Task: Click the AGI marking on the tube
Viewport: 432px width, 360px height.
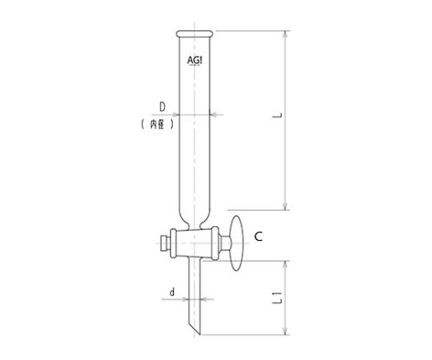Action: click(x=194, y=60)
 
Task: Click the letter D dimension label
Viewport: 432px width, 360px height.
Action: click(x=162, y=107)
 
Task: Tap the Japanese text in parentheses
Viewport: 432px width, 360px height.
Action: click(x=157, y=124)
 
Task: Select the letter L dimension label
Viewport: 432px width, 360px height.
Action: click(x=277, y=116)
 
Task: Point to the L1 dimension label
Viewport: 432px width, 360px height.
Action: click(x=277, y=298)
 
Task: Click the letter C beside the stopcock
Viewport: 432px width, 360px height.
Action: click(x=258, y=237)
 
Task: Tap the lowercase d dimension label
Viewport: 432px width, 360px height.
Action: click(x=172, y=293)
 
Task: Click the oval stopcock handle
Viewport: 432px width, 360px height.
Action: click(x=237, y=243)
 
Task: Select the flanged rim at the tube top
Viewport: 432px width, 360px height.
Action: click(x=194, y=34)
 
